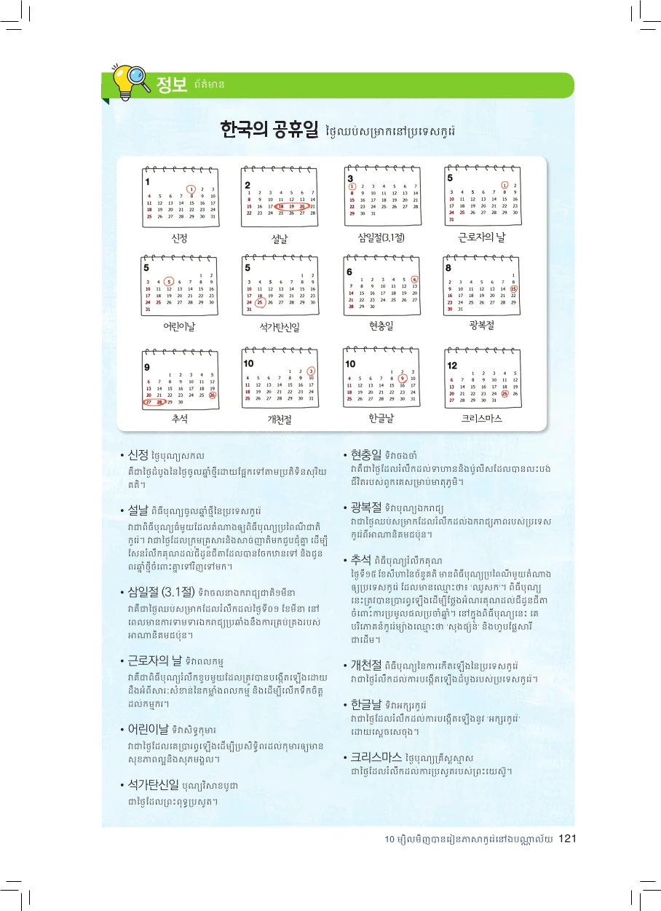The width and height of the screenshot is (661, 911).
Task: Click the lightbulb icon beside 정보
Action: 133,80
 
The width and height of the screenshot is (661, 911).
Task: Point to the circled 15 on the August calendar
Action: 514,289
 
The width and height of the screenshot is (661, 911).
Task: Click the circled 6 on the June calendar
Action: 414,280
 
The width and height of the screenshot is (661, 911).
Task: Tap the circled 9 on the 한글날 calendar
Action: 403,379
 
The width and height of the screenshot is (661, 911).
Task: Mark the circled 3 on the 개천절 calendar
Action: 312,371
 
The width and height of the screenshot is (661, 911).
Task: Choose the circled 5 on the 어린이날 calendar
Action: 169,282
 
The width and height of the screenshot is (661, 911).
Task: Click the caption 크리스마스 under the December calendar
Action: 482,419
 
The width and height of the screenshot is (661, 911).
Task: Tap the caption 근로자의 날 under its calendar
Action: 481,237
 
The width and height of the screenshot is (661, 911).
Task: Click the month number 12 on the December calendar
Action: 452,365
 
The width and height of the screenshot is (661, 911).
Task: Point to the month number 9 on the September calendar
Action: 147,366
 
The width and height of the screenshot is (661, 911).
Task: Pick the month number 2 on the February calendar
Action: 248,185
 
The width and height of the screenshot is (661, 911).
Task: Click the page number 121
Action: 568,840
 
